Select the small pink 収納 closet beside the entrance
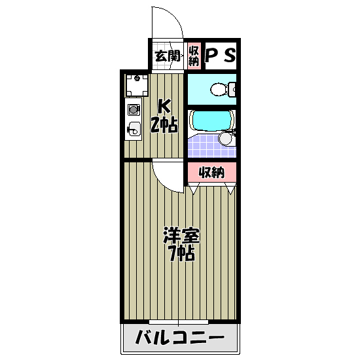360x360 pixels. (193, 56)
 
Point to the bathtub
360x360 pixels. (211, 121)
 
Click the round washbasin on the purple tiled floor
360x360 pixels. (226, 138)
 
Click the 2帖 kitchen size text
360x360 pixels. (164, 124)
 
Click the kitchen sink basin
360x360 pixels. (133, 129)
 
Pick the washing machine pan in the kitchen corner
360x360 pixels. (137, 84)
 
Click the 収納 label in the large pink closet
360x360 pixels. (211, 172)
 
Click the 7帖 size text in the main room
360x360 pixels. (180, 254)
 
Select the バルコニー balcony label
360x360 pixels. (179, 339)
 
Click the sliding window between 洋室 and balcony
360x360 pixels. (179, 322)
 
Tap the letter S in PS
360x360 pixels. (228, 56)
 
